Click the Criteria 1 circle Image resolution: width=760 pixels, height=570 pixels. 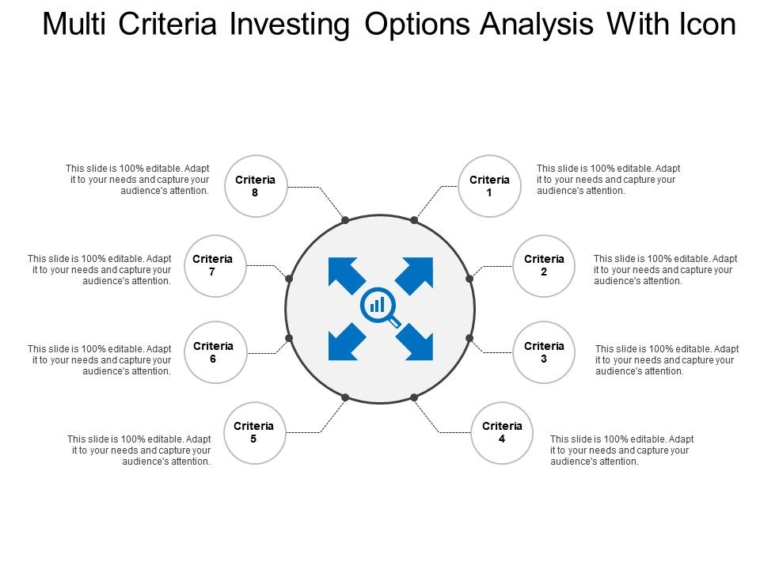click(x=489, y=186)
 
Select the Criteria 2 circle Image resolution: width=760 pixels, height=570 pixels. click(x=544, y=266)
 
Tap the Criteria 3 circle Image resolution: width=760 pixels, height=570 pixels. click(x=544, y=352)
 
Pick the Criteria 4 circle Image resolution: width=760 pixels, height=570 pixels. click(x=502, y=432)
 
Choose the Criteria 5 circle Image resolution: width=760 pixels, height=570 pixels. click(x=254, y=432)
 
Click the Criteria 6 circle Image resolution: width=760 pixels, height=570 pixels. click(x=213, y=352)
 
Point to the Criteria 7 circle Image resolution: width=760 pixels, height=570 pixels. click(x=213, y=266)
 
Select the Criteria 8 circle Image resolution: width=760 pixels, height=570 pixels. click(x=255, y=186)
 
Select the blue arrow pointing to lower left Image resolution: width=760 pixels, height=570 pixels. click(x=345, y=342)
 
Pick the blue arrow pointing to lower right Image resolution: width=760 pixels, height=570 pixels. click(x=415, y=342)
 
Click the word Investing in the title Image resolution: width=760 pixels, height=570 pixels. click(x=290, y=25)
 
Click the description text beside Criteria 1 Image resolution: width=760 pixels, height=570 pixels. click(x=608, y=180)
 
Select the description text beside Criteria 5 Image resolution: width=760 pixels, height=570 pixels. click(x=139, y=450)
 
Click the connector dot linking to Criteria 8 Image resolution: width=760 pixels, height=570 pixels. click(x=345, y=220)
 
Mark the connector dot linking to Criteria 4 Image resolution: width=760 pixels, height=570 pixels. click(x=414, y=397)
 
